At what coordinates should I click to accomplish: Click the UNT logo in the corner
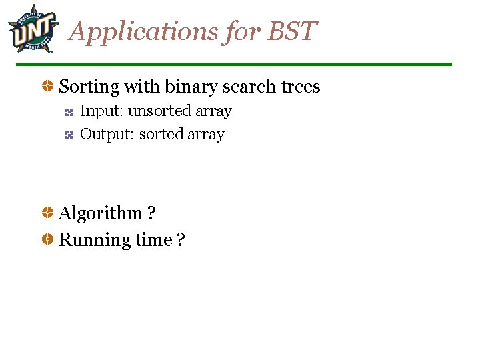tap(31, 29)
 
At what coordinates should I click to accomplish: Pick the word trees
tap(300, 87)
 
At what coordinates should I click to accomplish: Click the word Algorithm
tap(101, 214)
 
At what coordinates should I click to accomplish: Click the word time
tap(154, 240)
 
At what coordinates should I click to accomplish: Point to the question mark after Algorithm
tap(151, 214)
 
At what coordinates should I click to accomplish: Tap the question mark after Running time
tap(181, 240)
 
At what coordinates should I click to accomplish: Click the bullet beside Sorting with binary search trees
tap(48, 87)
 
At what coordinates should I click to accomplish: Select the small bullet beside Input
tap(69, 112)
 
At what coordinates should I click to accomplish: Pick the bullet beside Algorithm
tap(48, 213)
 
